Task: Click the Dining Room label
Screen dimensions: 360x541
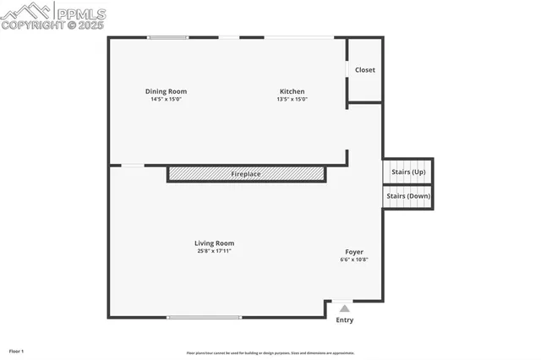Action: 166,91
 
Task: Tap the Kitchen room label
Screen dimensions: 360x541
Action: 292,91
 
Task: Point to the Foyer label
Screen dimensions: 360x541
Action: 354,252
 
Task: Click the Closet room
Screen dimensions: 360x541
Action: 365,70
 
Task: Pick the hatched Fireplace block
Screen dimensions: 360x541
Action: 246,173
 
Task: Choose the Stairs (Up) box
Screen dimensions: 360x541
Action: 408,172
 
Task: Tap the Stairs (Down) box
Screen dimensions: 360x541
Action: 408,196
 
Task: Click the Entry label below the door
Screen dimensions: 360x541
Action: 345,320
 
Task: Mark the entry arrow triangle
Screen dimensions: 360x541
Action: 344,309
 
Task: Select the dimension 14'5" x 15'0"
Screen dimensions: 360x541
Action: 166,100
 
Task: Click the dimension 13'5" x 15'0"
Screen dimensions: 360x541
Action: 292,100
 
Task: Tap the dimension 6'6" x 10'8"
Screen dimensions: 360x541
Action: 354,260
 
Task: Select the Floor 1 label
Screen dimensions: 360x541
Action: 17,351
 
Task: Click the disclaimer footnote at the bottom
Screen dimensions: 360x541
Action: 270,353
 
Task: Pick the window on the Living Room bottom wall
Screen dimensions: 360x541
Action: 204,318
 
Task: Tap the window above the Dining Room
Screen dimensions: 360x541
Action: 168,37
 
